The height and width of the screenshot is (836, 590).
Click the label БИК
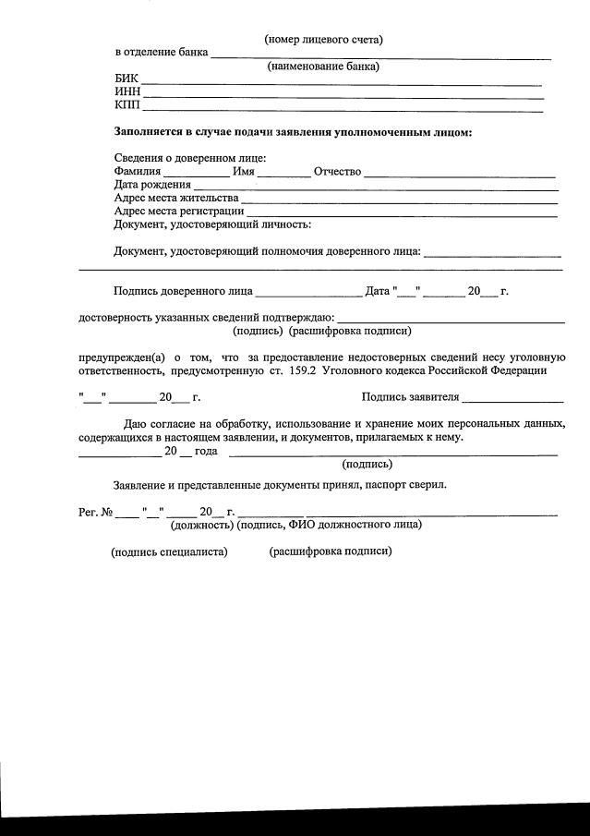pyautogui.click(x=126, y=79)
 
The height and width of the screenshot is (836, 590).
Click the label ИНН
pyautogui.click(x=127, y=92)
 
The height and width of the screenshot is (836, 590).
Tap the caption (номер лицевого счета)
pyautogui.click(x=323, y=39)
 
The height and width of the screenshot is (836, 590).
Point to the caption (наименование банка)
pyautogui.click(x=323, y=67)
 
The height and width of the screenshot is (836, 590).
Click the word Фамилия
pyautogui.click(x=138, y=171)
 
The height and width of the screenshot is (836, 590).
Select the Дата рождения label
pyautogui.click(x=152, y=185)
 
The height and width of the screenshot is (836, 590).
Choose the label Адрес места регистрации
pyautogui.click(x=179, y=211)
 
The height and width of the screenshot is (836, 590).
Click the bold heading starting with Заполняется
pyautogui.click(x=293, y=132)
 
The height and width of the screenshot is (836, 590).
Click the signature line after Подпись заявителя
pyautogui.click(x=512, y=400)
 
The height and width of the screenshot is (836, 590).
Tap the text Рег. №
pyautogui.click(x=95, y=512)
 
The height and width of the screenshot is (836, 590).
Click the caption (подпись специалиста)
pyautogui.click(x=169, y=551)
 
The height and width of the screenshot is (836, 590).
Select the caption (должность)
pyautogui.click(x=201, y=525)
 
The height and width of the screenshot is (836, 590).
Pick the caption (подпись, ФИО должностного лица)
pyautogui.click(x=330, y=525)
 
